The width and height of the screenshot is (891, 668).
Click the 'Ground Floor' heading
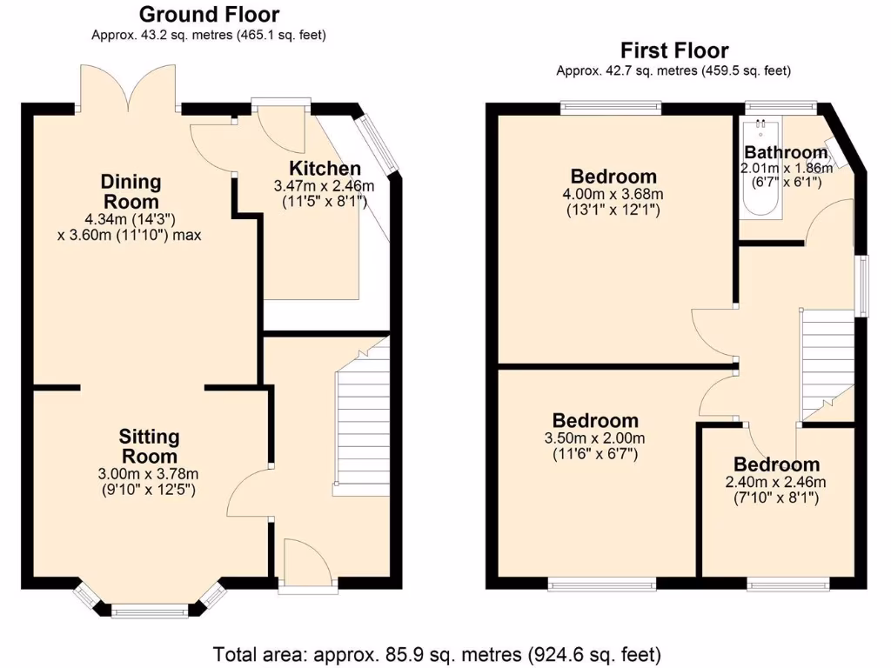209,14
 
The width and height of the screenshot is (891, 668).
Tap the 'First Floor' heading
673,50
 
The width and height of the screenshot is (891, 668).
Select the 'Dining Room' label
131,191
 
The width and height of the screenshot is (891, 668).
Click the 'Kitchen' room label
325,168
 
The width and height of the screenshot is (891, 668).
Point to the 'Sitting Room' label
149,446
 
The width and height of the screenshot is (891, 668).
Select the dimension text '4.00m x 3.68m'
613,194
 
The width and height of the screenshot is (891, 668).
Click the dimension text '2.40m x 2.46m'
775,482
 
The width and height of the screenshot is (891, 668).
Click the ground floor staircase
361,426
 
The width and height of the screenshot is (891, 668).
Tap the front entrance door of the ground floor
306,565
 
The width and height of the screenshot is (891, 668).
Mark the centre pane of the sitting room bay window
149,612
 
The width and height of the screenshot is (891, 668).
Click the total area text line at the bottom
437,653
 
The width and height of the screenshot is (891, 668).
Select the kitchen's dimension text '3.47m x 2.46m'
324,186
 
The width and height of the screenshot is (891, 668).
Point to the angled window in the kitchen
379,141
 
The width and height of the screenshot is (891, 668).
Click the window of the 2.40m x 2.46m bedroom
788,584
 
